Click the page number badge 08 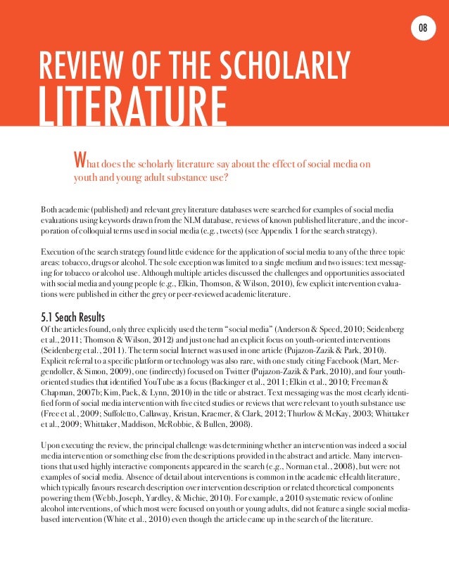(x=423, y=27)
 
